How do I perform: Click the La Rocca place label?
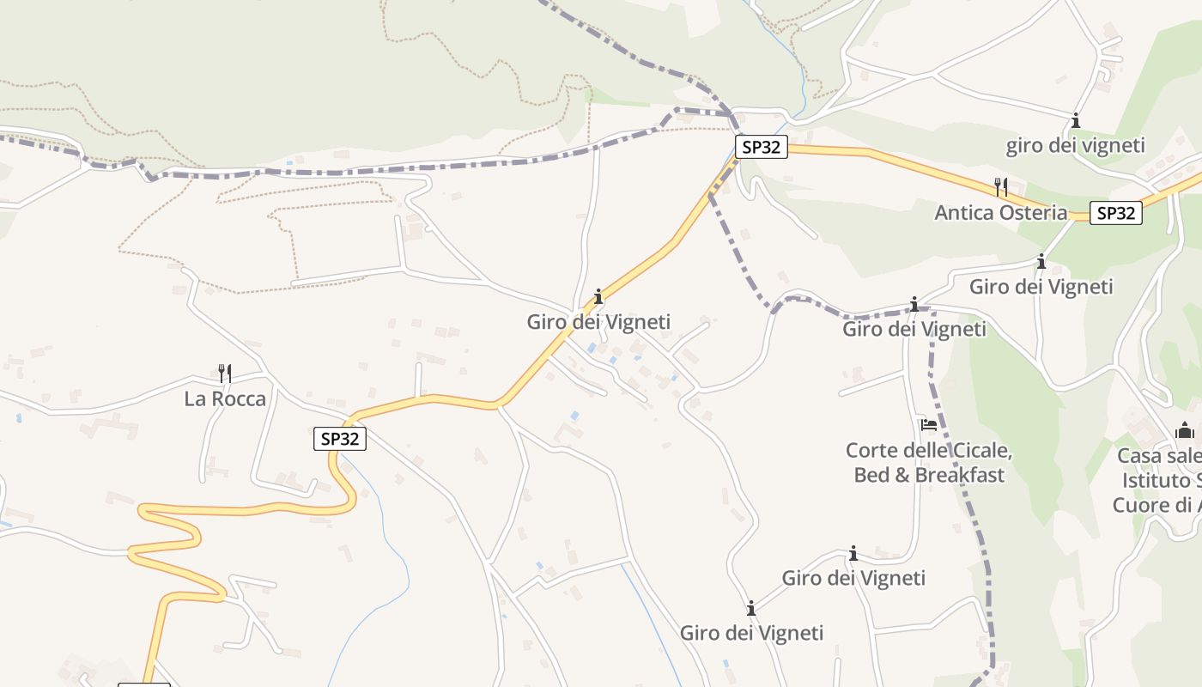225,398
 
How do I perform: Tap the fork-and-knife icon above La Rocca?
225,373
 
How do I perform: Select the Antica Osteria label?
1000,212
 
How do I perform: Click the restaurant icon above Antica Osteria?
1000,186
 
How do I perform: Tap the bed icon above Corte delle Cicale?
928,424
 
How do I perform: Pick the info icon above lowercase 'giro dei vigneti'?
1075,120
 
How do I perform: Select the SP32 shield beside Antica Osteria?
1115,213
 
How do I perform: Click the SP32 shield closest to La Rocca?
339,439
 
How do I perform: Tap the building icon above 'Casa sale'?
1185,429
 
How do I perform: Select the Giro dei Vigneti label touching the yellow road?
598,322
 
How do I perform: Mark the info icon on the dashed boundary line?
914,304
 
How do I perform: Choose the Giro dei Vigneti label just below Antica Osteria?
1041,286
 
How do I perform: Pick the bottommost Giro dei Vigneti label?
751,633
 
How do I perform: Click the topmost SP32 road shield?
761,147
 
